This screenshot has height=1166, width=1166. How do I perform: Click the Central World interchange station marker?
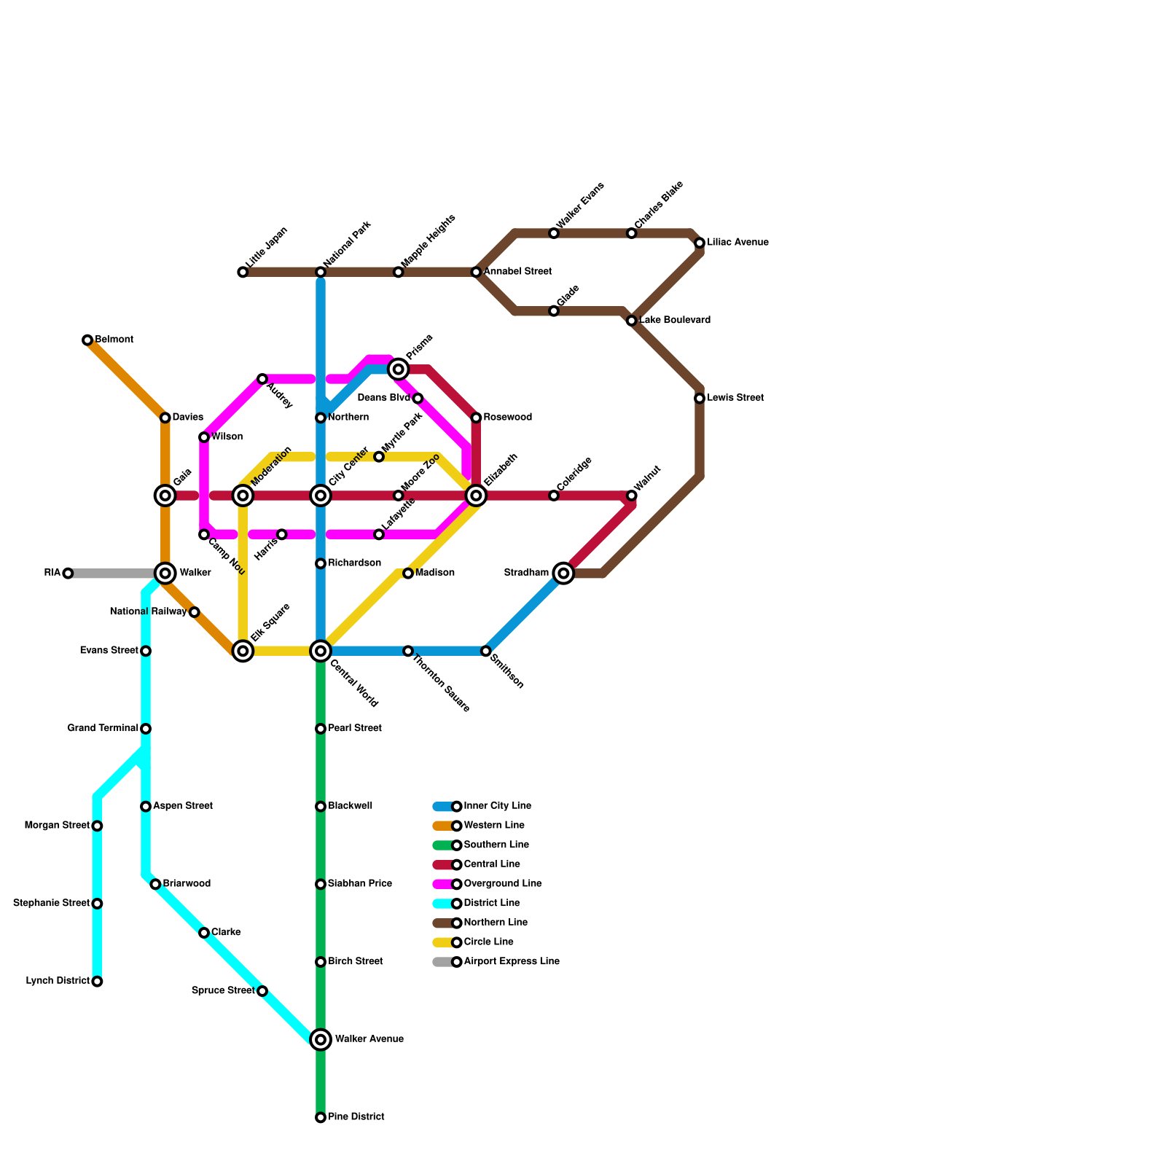click(321, 651)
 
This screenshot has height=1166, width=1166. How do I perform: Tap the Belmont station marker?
click(87, 340)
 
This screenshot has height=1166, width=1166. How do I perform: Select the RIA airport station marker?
click(68, 574)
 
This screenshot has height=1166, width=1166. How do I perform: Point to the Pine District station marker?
click(321, 1117)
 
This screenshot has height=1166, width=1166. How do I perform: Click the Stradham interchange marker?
click(563, 574)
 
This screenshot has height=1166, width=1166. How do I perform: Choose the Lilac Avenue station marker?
click(700, 243)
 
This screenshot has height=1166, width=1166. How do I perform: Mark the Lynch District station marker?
click(97, 982)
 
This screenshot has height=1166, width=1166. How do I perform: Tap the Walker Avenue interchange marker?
click(321, 1040)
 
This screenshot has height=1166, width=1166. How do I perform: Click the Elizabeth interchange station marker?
click(476, 496)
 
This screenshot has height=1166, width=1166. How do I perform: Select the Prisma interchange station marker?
click(398, 369)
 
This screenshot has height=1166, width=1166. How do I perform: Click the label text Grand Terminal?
click(103, 729)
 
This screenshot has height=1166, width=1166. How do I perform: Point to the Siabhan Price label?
click(360, 884)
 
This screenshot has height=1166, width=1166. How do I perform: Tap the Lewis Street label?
click(735, 399)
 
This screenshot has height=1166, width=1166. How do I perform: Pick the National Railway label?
click(148, 612)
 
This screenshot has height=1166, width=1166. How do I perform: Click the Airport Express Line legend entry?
click(512, 962)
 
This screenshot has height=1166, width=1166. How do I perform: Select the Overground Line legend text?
click(503, 884)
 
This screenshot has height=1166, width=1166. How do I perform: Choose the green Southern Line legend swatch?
click(442, 845)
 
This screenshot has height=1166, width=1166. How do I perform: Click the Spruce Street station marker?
click(262, 991)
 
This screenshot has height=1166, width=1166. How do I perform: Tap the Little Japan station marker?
click(243, 272)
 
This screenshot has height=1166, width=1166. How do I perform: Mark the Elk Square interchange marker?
click(243, 651)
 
